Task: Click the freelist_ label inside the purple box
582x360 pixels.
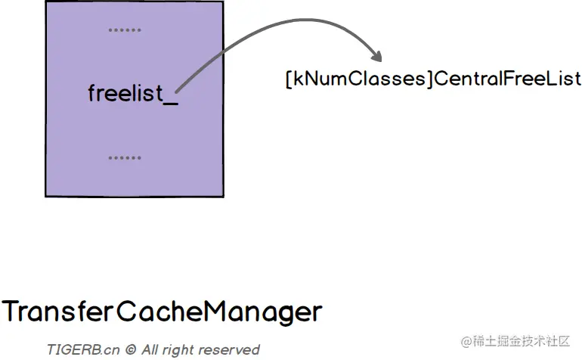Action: tap(133, 94)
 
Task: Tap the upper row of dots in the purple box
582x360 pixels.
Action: tap(125, 31)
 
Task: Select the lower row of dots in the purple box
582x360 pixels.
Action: tap(125, 158)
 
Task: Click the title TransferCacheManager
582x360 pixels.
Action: tap(162, 311)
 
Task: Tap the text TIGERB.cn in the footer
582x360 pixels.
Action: tap(82, 349)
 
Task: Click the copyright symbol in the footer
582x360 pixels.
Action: tap(130, 349)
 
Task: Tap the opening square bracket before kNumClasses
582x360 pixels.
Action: tap(289, 79)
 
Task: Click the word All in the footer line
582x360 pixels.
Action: tap(150, 349)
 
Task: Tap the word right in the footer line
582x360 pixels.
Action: tap(181, 349)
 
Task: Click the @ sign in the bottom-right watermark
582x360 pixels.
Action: tap(465, 341)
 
